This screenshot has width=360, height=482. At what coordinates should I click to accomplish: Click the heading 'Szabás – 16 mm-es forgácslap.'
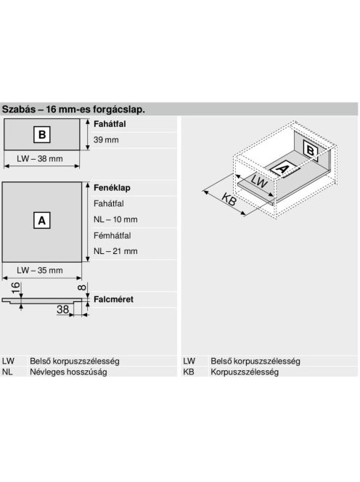pyautogui.click(x=73, y=110)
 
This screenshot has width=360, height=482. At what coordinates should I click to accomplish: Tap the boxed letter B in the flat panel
pyautogui.click(x=42, y=134)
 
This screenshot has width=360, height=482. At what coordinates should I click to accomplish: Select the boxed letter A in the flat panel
pyautogui.click(x=42, y=221)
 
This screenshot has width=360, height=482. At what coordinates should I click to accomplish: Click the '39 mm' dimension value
pyautogui.click(x=106, y=140)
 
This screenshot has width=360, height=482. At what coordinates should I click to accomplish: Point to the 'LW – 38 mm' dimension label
pyautogui.click(x=40, y=159)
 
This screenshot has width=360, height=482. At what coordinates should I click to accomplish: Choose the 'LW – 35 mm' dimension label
pyautogui.click(x=40, y=270)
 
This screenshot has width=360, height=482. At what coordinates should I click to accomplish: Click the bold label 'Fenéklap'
pyautogui.click(x=112, y=187)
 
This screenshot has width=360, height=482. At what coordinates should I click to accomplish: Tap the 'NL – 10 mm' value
pyautogui.click(x=115, y=219)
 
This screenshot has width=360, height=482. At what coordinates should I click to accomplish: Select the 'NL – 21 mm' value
pyautogui.click(x=115, y=251)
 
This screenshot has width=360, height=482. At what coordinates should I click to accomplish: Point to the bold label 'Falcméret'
pyautogui.click(x=113, y=299)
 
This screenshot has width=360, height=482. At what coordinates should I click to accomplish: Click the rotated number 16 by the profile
pyautogui.click(x=15, y=287)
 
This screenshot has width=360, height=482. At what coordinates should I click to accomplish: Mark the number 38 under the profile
pyautogui.click(x=62, y=309)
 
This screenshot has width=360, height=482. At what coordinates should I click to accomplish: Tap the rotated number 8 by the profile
pyautogui.click(x=82, y=287)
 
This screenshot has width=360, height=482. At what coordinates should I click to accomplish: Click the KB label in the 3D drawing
pyautogui.click(x=229, y=200)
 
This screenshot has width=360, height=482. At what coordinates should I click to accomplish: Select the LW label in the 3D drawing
pyautogui.click(x=259, y=181)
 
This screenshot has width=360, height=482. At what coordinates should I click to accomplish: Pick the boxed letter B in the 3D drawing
pyautogui.click(x=310, y=151)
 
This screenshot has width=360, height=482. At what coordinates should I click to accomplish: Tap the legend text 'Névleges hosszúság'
pyautogui.click(x=68, y=372)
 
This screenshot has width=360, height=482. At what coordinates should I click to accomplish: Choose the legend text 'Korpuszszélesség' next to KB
pyautogui.click(x=245, y=372)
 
